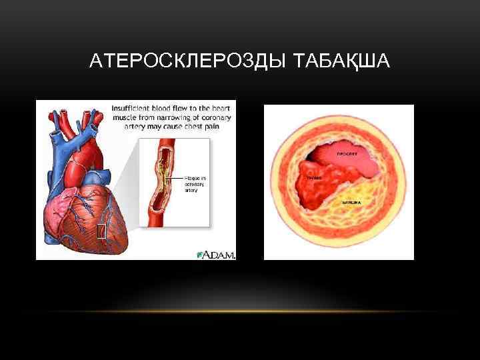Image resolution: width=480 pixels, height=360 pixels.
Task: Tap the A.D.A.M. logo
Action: click(217, 254)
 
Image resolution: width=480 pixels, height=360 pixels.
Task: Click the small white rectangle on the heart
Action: click(101, 231)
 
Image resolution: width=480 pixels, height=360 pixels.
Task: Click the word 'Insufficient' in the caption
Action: click(133, 106)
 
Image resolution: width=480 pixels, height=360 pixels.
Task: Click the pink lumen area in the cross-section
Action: click(340, 157)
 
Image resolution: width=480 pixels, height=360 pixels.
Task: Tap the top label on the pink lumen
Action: click(347, 154)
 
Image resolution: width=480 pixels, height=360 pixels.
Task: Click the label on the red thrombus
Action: click(313, 178)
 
